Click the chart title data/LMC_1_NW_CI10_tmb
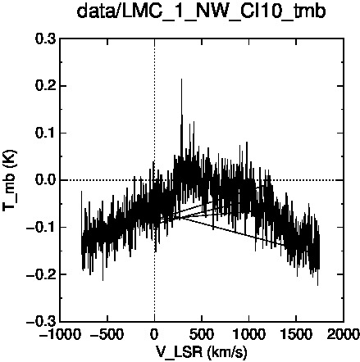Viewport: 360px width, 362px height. point(201,12)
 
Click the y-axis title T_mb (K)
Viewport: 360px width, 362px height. point(10,180)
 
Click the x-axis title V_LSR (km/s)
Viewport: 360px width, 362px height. point(202,352)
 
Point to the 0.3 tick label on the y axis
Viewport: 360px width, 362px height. point(46,39)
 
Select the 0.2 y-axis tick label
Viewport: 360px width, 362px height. point(46,86)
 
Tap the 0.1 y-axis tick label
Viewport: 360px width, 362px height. point(46,133)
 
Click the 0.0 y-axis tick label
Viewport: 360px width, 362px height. point(46,180)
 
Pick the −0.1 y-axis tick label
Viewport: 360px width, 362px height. point(41,227)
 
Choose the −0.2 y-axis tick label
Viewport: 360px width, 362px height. point(41,274)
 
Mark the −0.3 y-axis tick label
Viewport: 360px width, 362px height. point(41,321)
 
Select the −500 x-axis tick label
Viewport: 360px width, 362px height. point(107,334)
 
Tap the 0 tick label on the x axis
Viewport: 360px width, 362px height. point(155,334)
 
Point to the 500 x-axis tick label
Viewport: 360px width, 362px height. point(202,334)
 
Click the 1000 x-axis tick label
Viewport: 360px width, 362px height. point(249,334)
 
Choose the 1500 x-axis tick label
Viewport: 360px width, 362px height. point(296,334)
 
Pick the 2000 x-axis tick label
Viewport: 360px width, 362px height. point(344,334)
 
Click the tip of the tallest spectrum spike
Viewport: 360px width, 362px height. point(181,79)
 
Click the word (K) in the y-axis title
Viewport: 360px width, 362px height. point(11,157)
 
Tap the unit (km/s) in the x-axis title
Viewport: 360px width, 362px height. point(227,352)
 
